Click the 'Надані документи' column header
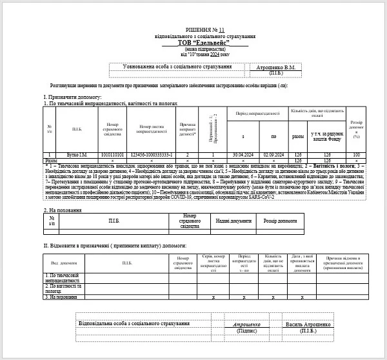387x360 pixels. click(230, 221)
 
